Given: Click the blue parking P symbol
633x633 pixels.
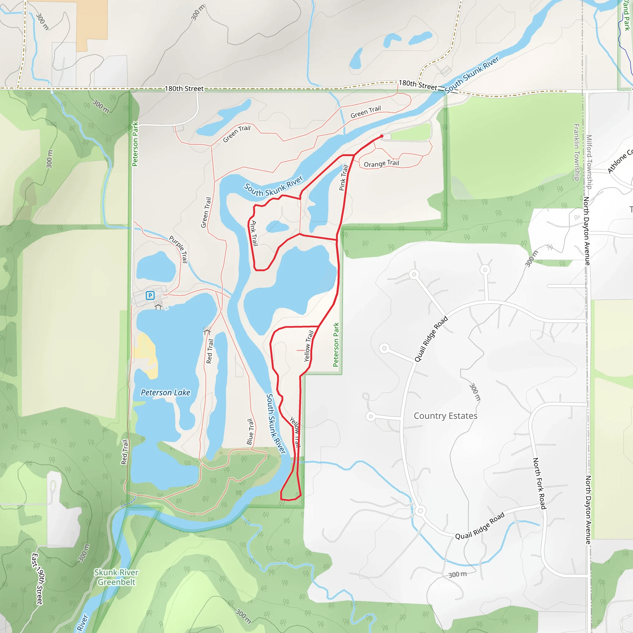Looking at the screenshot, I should click(x=150, y=295).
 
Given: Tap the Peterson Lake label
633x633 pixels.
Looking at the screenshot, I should click(x=165, y=393).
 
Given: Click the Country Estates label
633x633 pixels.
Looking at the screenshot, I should click(x=445, y=416).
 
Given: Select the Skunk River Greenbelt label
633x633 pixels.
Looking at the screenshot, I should click(x=116, y=577).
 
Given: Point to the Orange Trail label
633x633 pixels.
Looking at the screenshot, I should click(x=381, y=163).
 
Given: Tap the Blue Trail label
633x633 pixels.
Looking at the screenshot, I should click(x=250, y=431).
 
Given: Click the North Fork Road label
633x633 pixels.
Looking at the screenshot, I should click(x=539, y=484).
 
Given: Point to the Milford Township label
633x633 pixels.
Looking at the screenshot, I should click(x=589, y=162).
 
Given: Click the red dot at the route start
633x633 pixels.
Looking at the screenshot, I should click(x=382, y=136).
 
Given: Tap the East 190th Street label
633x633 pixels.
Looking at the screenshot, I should click(x=37, y=579).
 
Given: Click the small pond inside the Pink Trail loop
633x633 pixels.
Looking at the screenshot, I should click(x=277, y=226).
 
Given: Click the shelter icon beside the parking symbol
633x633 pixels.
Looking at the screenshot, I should click(x=158, y=307).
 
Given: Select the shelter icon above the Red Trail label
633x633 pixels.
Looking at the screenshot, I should click(x=207, y=332).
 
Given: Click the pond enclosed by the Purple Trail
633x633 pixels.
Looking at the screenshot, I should click(x=156, y=267).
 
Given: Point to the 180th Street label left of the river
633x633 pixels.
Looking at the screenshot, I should click(x=184, y=88).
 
